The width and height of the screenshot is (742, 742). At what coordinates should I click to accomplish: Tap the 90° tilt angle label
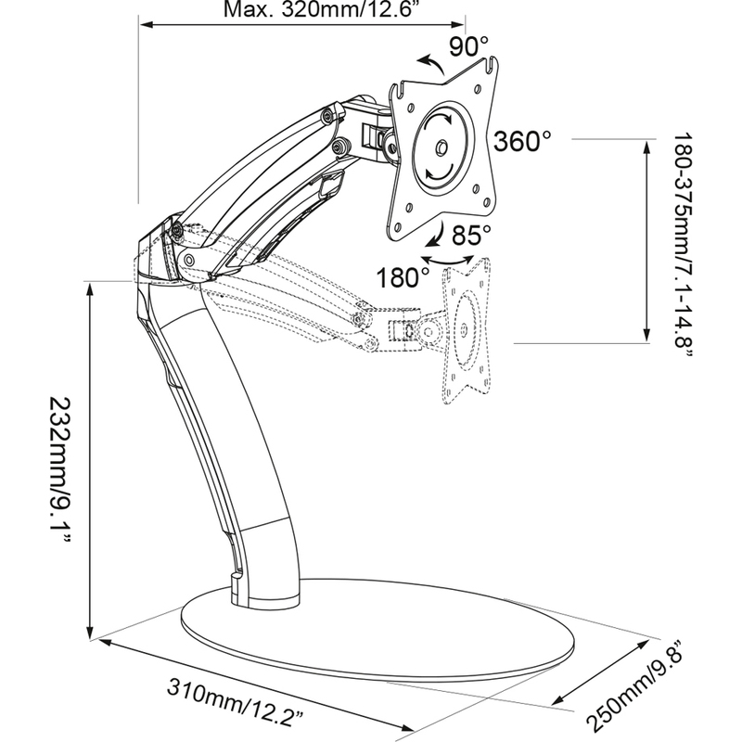pos(468,46)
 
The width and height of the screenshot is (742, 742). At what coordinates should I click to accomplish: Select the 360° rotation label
pos(523,141)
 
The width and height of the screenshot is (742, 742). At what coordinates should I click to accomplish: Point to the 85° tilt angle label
pos(471,235)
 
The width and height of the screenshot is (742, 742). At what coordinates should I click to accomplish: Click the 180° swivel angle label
pos(403,277)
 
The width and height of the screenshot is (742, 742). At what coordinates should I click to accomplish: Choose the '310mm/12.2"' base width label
pos(236,701)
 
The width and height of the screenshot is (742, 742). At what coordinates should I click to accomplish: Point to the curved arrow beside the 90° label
pos(430,63)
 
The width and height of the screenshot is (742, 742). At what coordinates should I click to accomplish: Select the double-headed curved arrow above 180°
pos(447,260)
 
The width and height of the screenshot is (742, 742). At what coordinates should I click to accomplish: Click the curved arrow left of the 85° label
pos(435,236)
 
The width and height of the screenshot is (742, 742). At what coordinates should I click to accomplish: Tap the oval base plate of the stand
pos(377,634)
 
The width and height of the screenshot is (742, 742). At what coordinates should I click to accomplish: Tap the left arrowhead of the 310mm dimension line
pos(104,642)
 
